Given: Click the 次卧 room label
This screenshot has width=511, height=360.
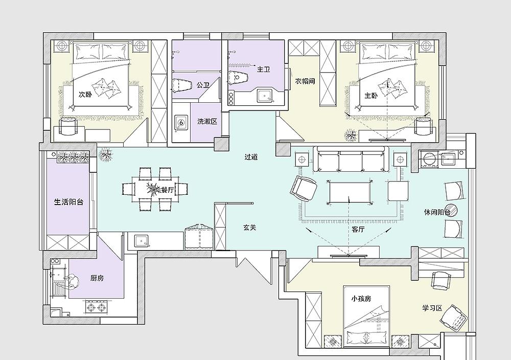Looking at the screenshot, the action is (x=85, y=95).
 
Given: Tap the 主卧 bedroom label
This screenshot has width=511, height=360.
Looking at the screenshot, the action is (x=371, y=96).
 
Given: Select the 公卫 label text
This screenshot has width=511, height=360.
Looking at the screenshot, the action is (x=203, y=85).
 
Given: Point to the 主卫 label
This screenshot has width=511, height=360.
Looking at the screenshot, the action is (x=264, y=70).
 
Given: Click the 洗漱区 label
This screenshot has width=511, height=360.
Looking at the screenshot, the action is (x=207, y=122).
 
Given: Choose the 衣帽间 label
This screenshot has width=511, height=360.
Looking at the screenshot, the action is (x=305, y=81).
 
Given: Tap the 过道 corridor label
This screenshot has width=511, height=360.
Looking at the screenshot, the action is (x=251, y=157).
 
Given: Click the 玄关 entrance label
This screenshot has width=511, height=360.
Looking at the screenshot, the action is (x=250, y=228).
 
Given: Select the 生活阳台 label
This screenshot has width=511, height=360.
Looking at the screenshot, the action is (x=68, y=202).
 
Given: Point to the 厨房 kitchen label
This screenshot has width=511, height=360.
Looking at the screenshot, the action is (x=97, y=278).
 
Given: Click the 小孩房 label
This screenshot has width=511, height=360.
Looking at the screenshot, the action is (x=361, y=299).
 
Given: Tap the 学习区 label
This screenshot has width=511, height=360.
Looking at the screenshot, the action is (x=432, y=308).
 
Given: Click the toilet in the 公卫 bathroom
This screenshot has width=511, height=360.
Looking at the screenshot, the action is (x=181, y=85).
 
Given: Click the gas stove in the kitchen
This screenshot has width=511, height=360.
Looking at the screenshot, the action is (x=96, y=307).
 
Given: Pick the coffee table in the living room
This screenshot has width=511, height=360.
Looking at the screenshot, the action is (x=350, y=192).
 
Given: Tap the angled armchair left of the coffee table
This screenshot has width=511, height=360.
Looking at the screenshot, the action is (x=304, y=189).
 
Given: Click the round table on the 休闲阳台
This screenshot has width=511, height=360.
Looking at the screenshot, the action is (x=451, y=209).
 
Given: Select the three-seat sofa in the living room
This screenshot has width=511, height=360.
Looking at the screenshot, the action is (x=351, y=159).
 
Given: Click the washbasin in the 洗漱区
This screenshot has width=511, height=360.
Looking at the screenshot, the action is (x=181, y=123).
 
